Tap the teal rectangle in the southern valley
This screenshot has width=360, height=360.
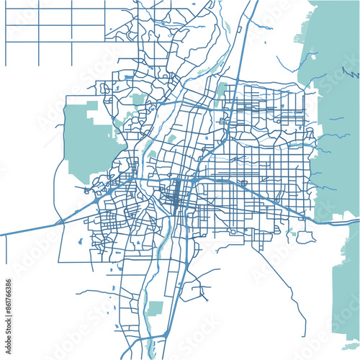pos(156,308)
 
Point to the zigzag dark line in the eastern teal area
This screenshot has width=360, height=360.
pos(351,73)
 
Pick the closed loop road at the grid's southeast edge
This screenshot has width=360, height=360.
pos(306,236)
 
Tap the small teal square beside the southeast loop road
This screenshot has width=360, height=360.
pos(294,233)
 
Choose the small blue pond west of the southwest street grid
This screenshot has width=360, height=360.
pos(80,241)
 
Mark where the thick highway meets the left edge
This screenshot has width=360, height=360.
pos(1,235)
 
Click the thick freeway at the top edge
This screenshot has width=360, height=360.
pos(253,4)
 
